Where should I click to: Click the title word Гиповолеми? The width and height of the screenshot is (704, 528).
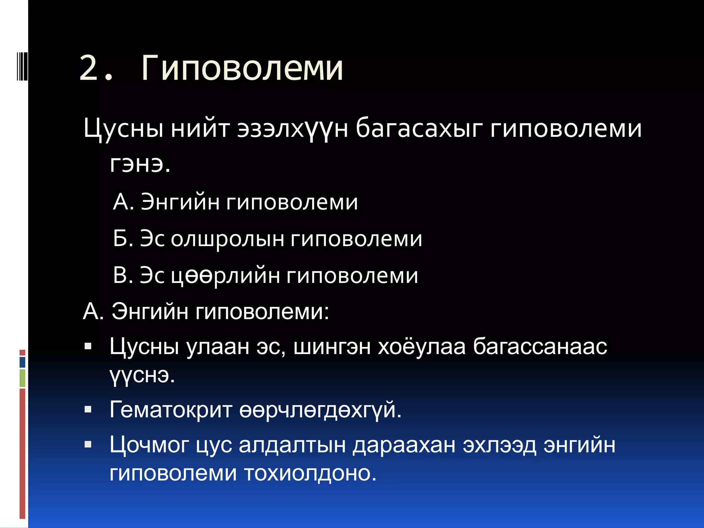tap(242, 68)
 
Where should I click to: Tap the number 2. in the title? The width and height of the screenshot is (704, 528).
tap(96, 69)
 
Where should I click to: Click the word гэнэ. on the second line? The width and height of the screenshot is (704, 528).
tap(140, 164)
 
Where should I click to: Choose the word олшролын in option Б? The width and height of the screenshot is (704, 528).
tap(227, 239)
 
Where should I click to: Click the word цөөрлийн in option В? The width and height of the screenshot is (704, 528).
tap(225, 276)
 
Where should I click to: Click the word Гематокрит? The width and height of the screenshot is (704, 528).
tap(171, 410)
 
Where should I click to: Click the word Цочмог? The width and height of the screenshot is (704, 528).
tap(149, 445)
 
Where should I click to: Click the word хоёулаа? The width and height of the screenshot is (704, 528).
tap(421, 346)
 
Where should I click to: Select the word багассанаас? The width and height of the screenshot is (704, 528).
tap(540, 346)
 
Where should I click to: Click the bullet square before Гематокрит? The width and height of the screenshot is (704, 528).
tap(88, 409)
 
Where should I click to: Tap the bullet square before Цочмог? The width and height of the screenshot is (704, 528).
tap(88, 444)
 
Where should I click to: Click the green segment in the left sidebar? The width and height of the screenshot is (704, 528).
tap(22, 378)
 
